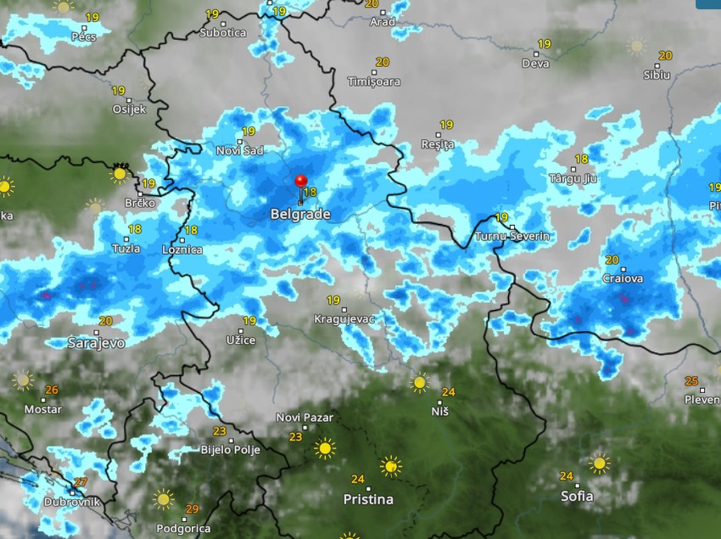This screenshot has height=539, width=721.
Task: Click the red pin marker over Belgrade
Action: [x=300, y=181]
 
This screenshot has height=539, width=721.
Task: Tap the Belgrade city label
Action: [x=300, y=215]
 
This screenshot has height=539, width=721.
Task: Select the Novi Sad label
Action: [x=240, y=150]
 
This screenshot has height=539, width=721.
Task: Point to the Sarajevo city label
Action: [x=97, y=343]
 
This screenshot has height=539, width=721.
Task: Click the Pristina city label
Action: [x=368, y=499]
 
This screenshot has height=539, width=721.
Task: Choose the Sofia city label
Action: [x=577, y=496]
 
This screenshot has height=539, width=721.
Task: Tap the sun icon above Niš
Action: [x=419, y=383]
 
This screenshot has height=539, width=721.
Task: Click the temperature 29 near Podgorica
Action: [x=193, y=508]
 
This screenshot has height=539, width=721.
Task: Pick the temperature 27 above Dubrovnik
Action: [x=81, y=482]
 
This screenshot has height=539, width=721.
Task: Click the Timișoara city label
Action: [x=374, y=81]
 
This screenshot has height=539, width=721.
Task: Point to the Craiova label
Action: [x=623, y=278]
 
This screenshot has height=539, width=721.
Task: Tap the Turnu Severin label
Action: [x=512, y=235]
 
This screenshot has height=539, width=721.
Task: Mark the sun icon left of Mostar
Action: [x=23, y=379]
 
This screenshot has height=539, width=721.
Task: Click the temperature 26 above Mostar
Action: [x=52, y=390]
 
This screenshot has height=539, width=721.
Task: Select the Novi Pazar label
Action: [x=305, y=418]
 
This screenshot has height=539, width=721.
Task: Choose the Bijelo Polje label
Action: [x=230, y=450]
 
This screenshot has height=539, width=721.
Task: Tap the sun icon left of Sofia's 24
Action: [x=600, y=463]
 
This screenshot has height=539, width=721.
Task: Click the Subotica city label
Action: [x=222, y=33]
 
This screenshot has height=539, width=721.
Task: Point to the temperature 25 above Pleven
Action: [x=691, y=381]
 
